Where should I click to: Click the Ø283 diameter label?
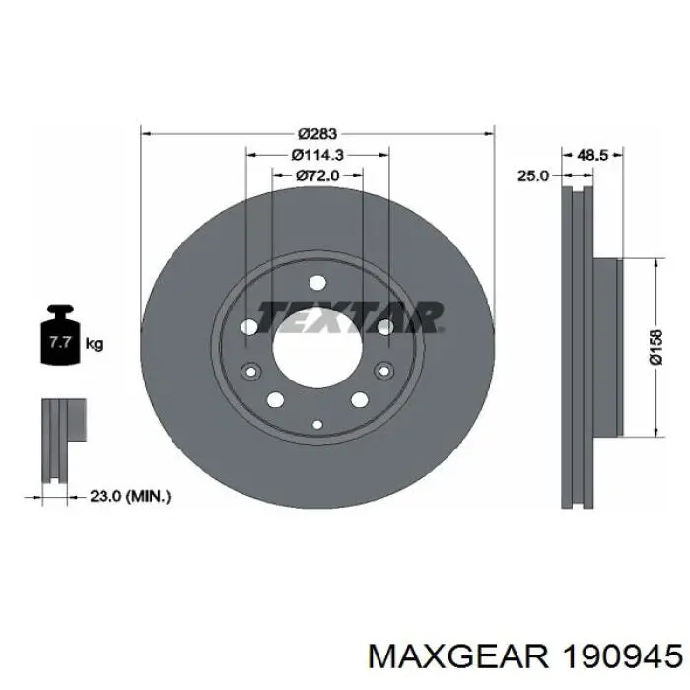click(x=317, y=132)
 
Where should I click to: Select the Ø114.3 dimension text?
click(x=317, y=155)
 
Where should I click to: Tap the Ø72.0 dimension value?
click(x=317, y=175)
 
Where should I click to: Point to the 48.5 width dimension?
click(x=591, y=155)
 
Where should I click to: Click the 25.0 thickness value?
click(x=532, y=175)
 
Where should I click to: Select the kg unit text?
click(x=94, y=344)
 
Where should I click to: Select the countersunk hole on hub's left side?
click(x=248, y=372)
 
